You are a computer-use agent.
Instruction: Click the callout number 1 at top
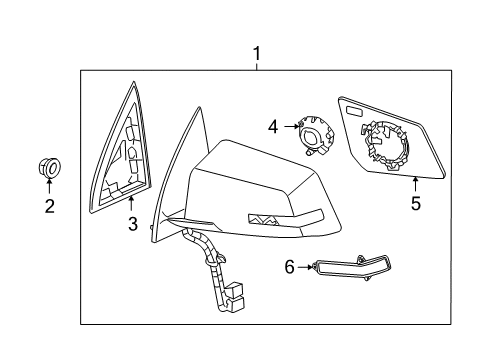point(257,52)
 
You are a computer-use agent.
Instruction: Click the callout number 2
point(48,207)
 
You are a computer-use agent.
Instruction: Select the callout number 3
point(132,226)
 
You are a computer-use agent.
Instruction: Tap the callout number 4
point(273,127)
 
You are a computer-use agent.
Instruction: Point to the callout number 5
point(415,203)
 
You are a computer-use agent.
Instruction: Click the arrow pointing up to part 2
point(48,187)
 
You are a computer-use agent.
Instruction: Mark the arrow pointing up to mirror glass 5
point(415,184)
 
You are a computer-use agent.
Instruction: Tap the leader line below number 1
point(257,63)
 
